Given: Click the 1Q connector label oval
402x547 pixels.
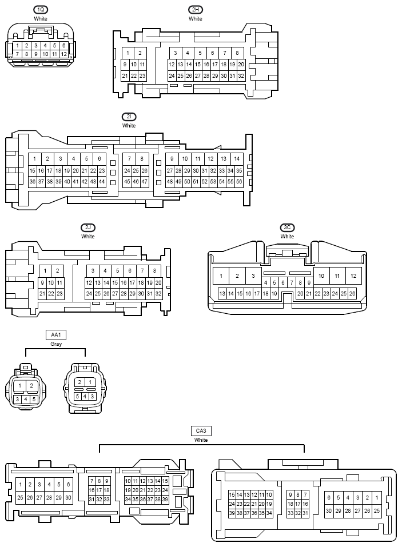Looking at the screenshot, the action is (x=41, y=10).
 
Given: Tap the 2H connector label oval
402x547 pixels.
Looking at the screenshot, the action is (x=196, y=10).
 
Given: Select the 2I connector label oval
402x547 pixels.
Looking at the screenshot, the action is (x=129, y=117).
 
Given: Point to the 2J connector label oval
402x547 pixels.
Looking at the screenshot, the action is (x=88, y=227).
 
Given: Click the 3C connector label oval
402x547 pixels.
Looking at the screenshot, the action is (x=287, y=227).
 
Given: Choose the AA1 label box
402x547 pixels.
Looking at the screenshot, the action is (x=56, y=335).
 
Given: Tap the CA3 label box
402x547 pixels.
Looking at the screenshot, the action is (x=201, y=431).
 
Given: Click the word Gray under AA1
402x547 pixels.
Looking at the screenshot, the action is (x=56, y=344).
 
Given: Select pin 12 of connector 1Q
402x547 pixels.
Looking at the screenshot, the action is (x=64, y=54).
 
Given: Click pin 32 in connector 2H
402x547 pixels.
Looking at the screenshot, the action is (x=241, y=75).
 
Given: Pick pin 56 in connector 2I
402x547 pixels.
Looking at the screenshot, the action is (x=239, y=181).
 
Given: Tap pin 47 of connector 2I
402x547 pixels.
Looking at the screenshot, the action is (x=145, y=181).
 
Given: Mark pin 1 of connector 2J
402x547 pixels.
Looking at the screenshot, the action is (x=45, y=271).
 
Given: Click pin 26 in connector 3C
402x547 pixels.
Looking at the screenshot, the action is (x=352, y=293).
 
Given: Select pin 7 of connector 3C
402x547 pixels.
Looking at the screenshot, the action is (x=292, y=282).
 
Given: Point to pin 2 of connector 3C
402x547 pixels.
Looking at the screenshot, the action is (x=237, y=276).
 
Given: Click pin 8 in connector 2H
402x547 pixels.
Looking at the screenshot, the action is (x=237, y=53).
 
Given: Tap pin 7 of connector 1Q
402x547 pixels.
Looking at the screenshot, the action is (x=18, y=54).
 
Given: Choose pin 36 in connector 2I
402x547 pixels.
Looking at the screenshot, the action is (x=33, y=181).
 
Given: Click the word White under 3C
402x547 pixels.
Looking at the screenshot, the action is (x=287, y=237).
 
